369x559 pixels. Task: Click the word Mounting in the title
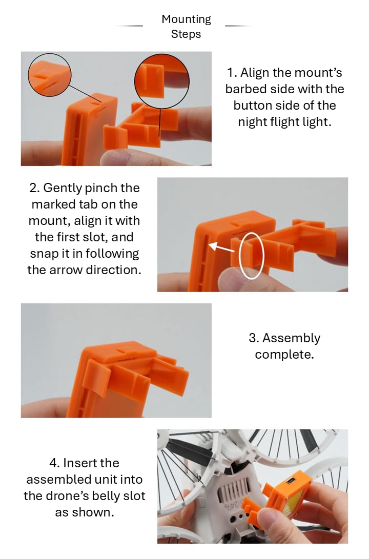coord(186,19)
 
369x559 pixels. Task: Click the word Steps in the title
coord(186,34)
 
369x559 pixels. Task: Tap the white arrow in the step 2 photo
coord(221,248)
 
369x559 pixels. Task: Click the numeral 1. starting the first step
coord(232,73)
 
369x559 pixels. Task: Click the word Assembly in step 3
coord(291,338)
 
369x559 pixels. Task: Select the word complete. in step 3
coord(284,355)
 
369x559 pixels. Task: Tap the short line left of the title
coord(130,26)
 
